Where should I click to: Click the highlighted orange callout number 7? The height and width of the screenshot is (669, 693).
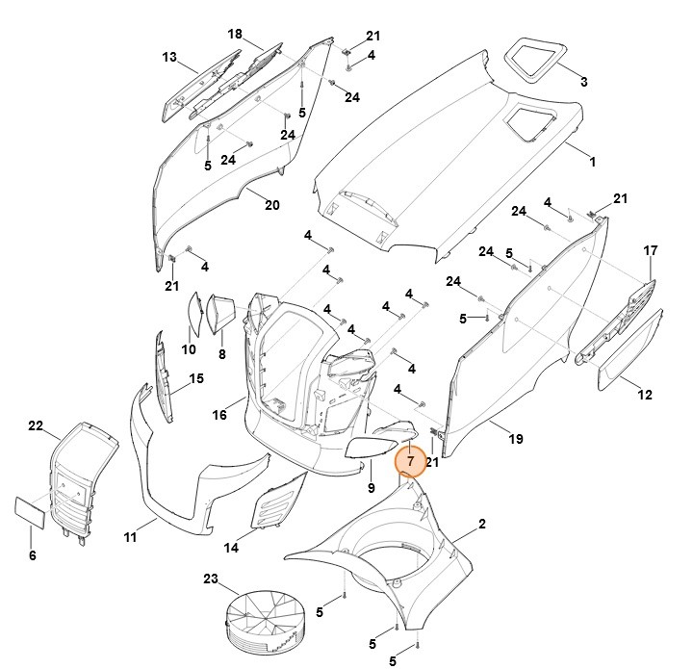coord(410,462)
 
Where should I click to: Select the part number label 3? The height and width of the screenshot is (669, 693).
coord(583,81)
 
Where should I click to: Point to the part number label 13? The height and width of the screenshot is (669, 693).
coord(169,58)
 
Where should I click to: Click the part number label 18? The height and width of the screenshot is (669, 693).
coord(235,35)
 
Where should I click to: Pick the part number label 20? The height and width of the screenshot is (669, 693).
coord(272,204)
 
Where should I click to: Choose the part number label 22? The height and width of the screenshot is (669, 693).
coord(36,425)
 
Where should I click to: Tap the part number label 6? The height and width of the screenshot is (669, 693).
coord(32,555)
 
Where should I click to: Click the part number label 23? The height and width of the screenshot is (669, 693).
coord(211,579)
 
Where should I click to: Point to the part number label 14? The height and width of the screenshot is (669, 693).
coord(232,548)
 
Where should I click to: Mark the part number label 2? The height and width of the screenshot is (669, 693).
coord(481,524)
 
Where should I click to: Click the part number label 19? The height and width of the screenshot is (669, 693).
coord(516,439)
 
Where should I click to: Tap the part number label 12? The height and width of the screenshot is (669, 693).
coord(645,395)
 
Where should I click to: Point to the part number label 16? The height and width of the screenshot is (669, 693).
coord(219,415)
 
